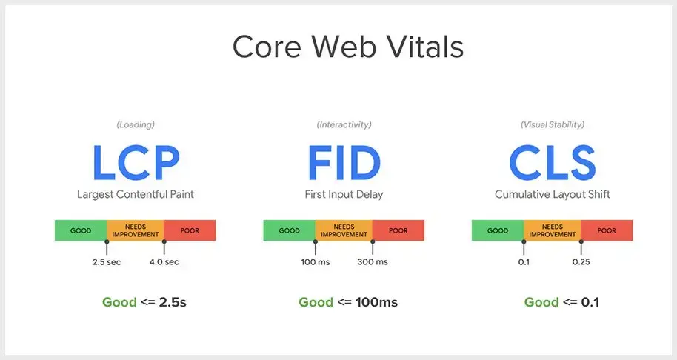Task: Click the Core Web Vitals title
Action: click(347, 47)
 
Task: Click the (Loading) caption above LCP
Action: click(135, 124)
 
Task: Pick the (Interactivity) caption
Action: click(344, 124)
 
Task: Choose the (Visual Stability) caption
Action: click(552, 124)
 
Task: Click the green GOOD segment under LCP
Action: click(81, 230)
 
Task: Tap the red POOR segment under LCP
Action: click(190, 230)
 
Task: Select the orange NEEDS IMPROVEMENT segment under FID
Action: click(344, 230)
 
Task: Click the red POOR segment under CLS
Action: click(607, 230)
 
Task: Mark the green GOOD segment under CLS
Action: click(498, 230)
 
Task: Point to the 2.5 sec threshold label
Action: click(107, 262)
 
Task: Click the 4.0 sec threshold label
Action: click(164, 262)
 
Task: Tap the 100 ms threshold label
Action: click(315, 262)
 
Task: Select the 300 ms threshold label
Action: click(373, 262)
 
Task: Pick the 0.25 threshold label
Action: click(581, 262)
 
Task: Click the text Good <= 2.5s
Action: click(144, 302)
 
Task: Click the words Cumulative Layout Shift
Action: click(552, 195)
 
